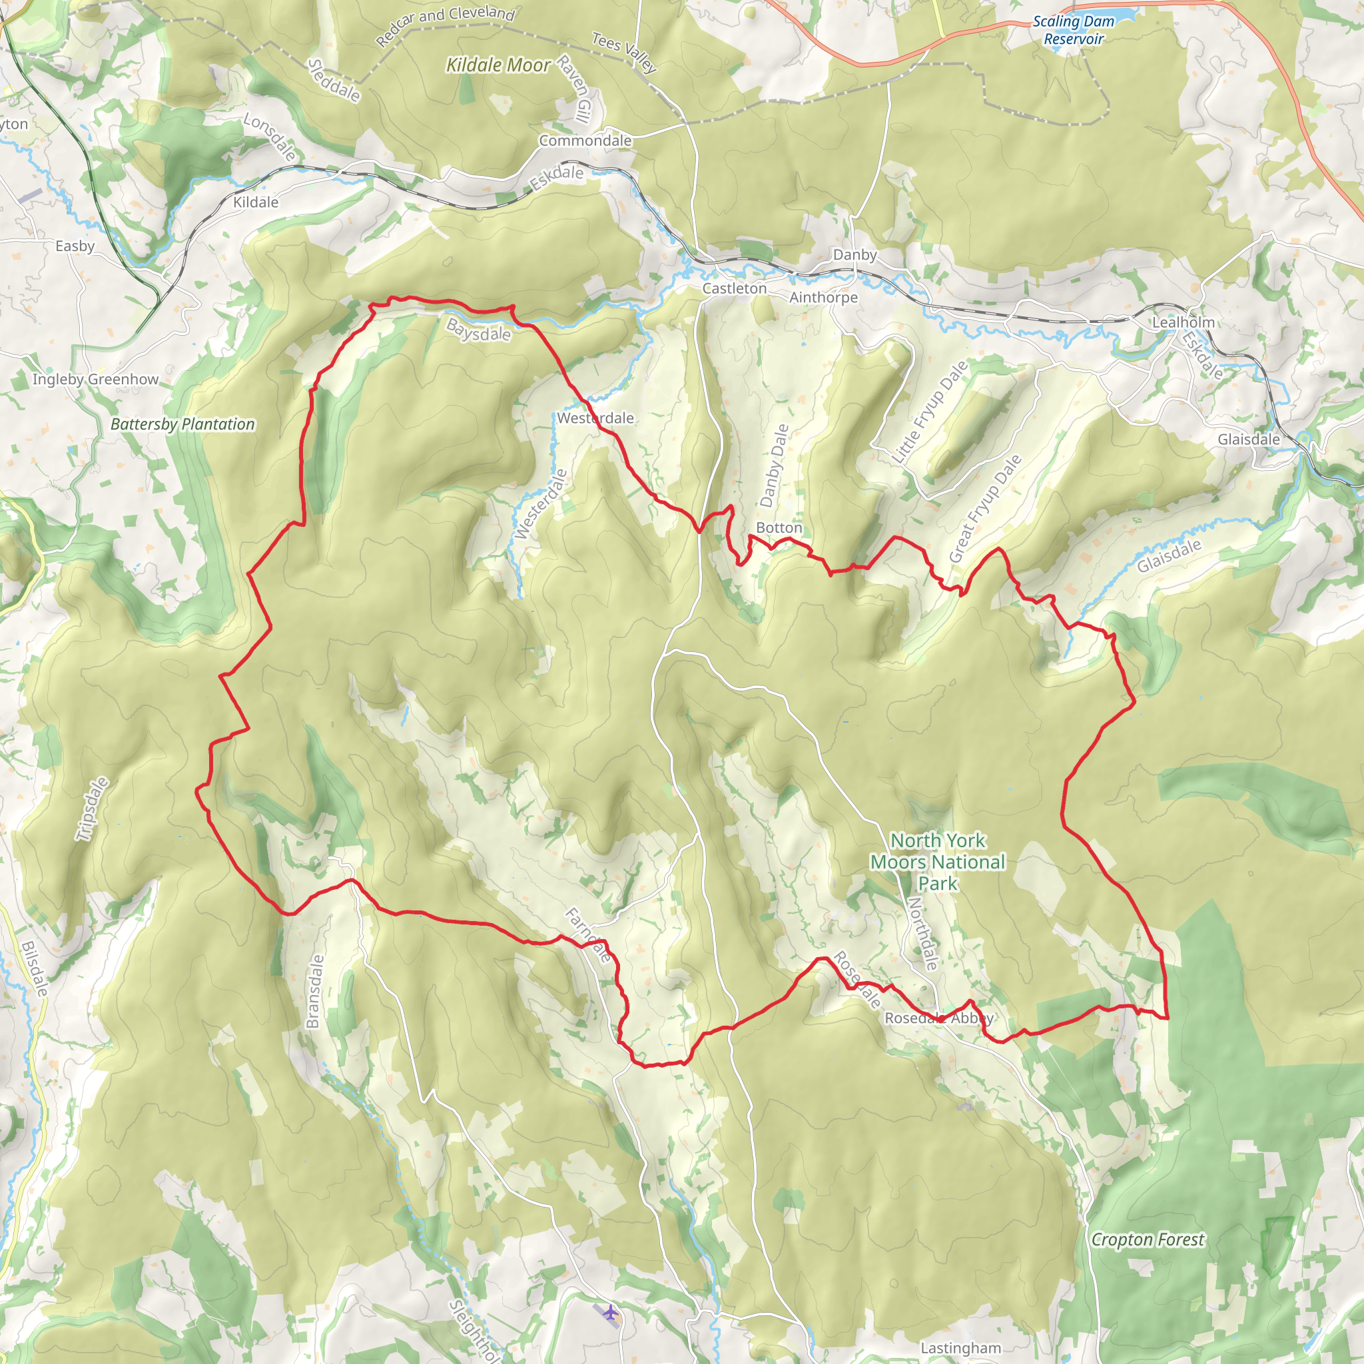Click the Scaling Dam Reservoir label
click(1073, 31)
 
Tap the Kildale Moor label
click(498, 66)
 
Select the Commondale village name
click(585, 141)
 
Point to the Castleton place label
click(734, 288)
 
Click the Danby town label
click(854, 255)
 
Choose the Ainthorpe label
click(823, 297)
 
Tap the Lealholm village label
click(1184, 322)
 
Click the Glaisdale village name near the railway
click(1248, 439)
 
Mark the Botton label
click(779, 527)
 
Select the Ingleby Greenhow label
click(95, 379)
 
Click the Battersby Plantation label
click(183, 424)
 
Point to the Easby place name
click(75, 246)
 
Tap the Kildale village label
click(256, 202)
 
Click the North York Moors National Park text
click(938, 861)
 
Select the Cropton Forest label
click(1148, 1239)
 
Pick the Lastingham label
click(960, 1348)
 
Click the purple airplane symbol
click(610, 1314)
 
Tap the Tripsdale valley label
click(93, 809)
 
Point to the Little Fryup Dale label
click(929, 412)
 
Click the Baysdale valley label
click(478, 330)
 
